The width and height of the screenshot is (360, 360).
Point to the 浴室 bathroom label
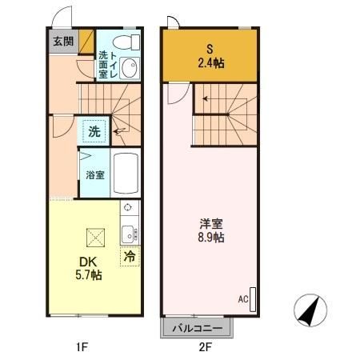tap(94, 174)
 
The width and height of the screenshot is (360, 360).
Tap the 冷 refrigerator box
tap(129, 258)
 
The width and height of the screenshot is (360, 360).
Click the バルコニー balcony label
tap(198, 328)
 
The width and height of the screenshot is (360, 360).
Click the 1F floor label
tap(81, 347)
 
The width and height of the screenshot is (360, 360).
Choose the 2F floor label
tap(205, 347)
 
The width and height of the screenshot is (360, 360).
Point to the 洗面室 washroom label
tap(103, 64)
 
